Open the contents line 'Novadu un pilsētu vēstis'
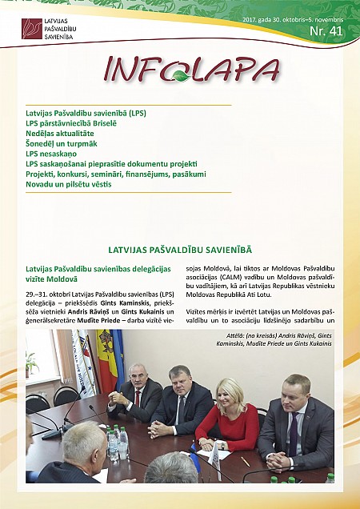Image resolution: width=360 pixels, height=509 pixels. point(68,184)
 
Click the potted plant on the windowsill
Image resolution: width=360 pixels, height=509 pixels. point(32,364)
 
